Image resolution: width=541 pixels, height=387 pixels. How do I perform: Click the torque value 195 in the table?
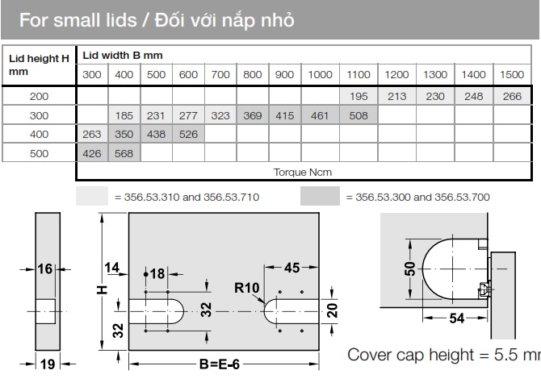[x=359, y=97]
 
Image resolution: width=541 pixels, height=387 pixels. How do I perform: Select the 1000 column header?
[x=320, y=75]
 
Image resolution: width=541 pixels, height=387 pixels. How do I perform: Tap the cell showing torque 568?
[x=124, y=153]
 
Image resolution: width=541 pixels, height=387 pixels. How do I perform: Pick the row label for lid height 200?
[x=39, y=97]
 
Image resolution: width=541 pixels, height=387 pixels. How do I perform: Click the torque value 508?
[x=359, y=115]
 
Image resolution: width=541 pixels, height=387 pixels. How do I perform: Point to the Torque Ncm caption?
[x=303, y=172]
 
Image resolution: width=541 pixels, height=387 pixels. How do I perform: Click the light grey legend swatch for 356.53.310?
[x=92, y=196]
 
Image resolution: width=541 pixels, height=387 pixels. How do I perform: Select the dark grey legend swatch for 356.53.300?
[x=320, y=196]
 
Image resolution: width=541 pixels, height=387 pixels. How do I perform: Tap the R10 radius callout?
[x=246, y=288]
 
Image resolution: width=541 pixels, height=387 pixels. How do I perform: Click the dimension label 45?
[x=291, y=268]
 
